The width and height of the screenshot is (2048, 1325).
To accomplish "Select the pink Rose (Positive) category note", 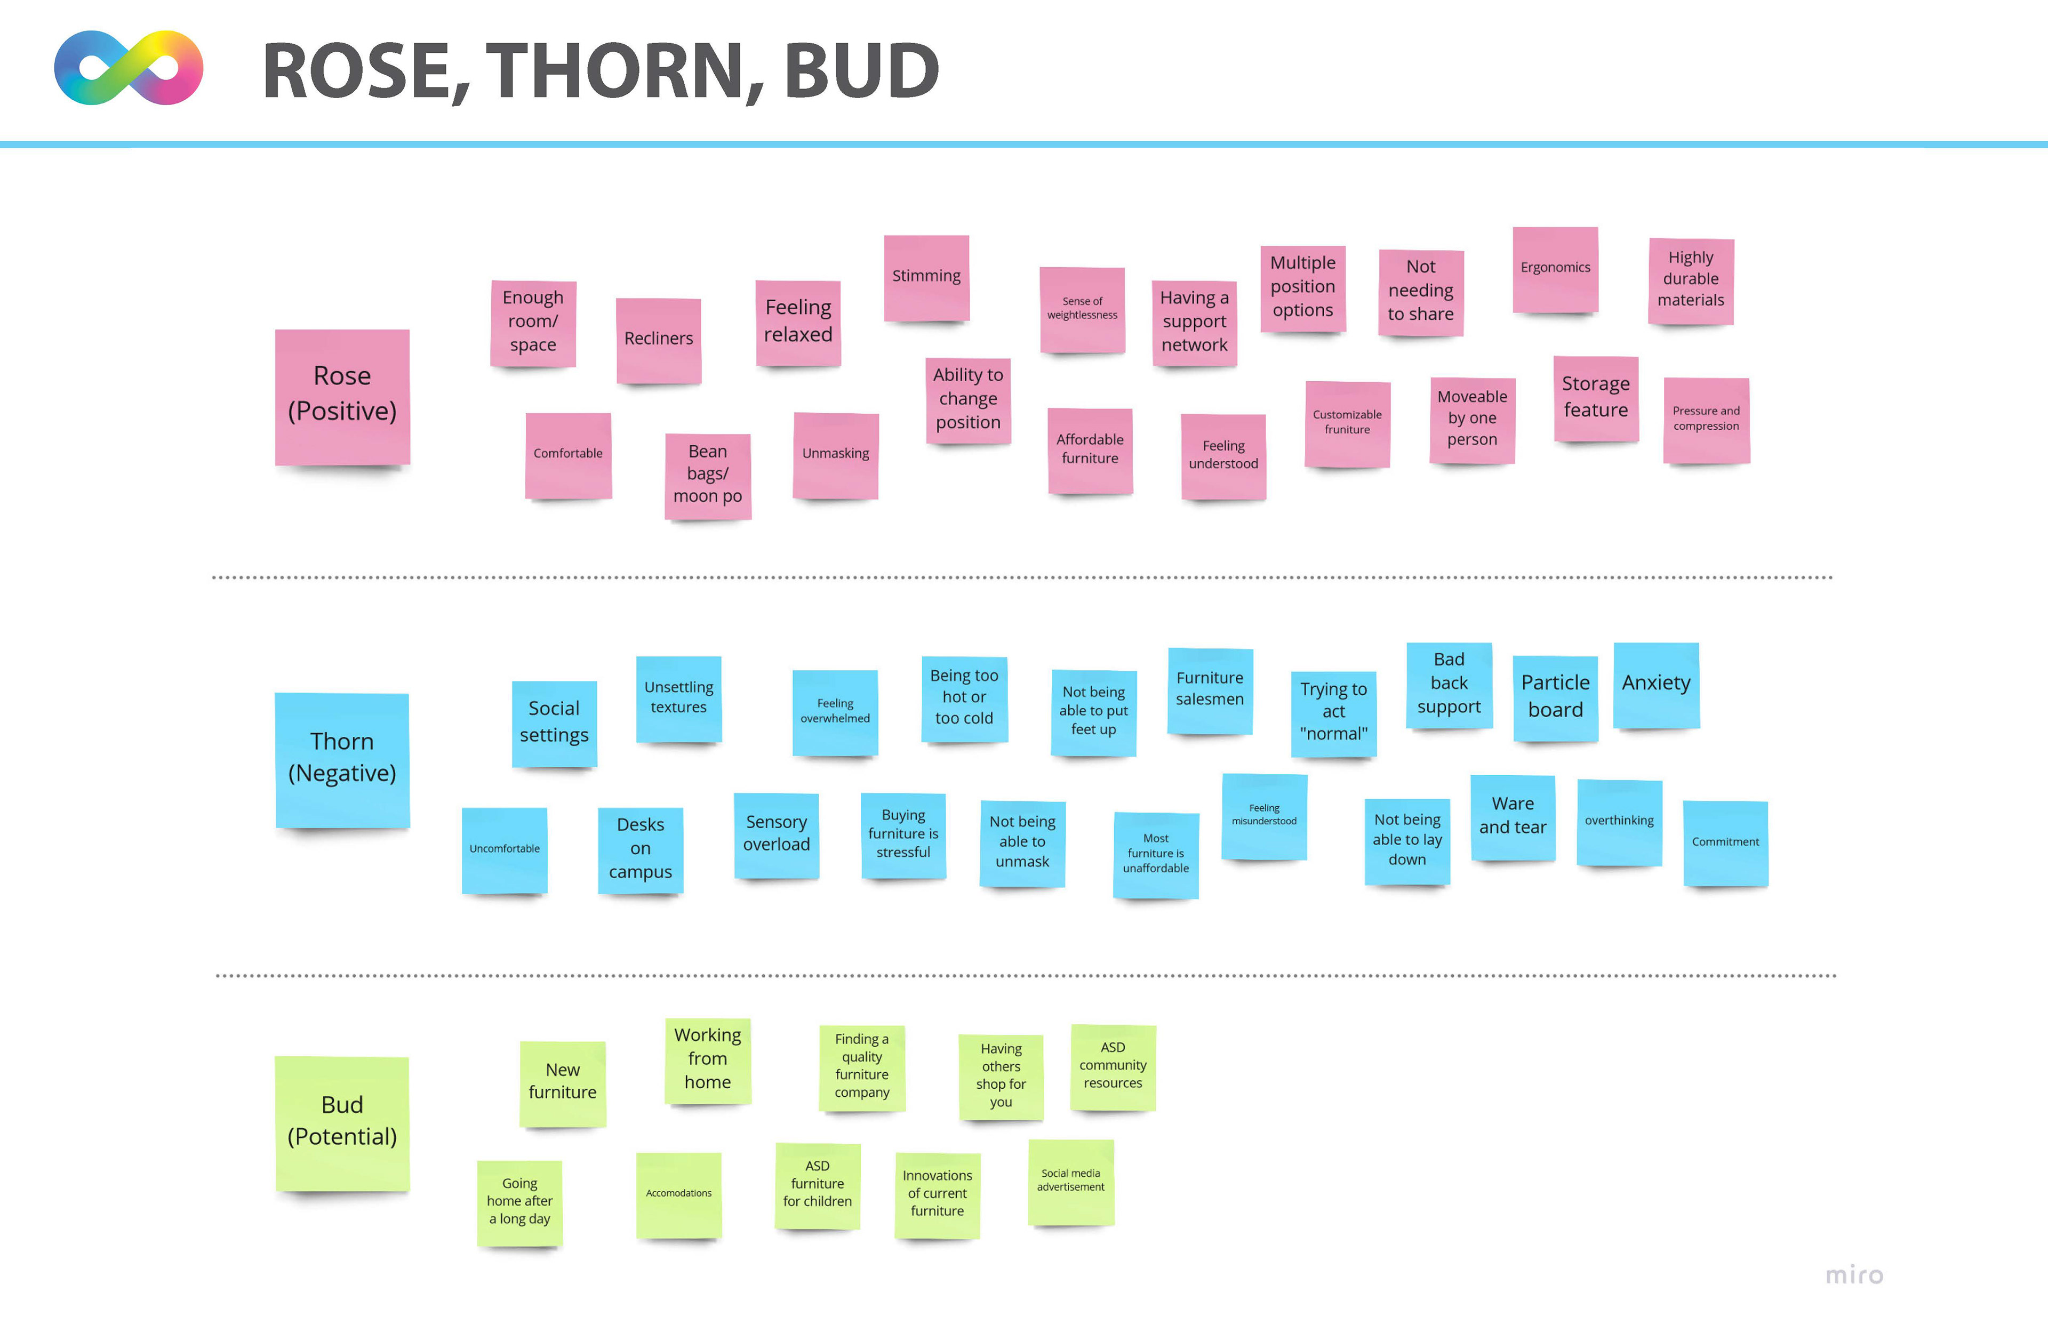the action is [x=342, y=396].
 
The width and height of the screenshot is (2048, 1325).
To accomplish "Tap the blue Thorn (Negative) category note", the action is [x=342, y=759].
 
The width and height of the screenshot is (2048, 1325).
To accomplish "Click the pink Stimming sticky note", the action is [x=927, y=278].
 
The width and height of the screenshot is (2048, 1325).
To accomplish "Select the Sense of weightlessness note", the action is [x=1082, y=310].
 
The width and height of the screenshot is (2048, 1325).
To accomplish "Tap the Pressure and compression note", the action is [x=1706, y=420].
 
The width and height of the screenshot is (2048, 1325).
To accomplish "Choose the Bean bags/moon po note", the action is [x=707, y=475].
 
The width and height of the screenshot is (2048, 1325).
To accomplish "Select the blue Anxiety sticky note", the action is [x=1655, y=685].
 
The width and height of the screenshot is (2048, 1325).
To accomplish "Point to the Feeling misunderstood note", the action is [x=1264, y=816].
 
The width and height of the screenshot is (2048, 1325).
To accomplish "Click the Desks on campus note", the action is [x=640, y=849].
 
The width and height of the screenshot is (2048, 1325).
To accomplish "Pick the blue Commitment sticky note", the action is [x=1725, y=842].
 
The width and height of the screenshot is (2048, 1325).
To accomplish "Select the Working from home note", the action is [x=707, y=1060].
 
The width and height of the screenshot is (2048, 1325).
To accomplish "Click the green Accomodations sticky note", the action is [x=679, y=1194].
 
